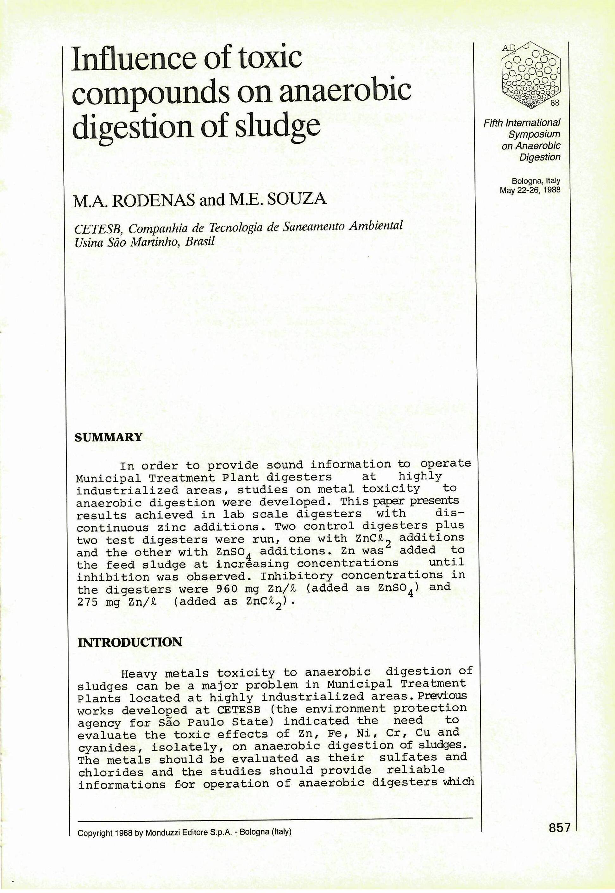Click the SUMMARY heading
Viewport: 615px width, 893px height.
(108, 437)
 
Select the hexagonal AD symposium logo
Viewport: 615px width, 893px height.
(531, 73)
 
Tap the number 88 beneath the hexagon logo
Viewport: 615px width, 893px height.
(555, 103)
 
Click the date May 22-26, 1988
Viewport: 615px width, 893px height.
(530, 190)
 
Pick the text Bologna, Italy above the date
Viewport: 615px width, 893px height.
(536, 181)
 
